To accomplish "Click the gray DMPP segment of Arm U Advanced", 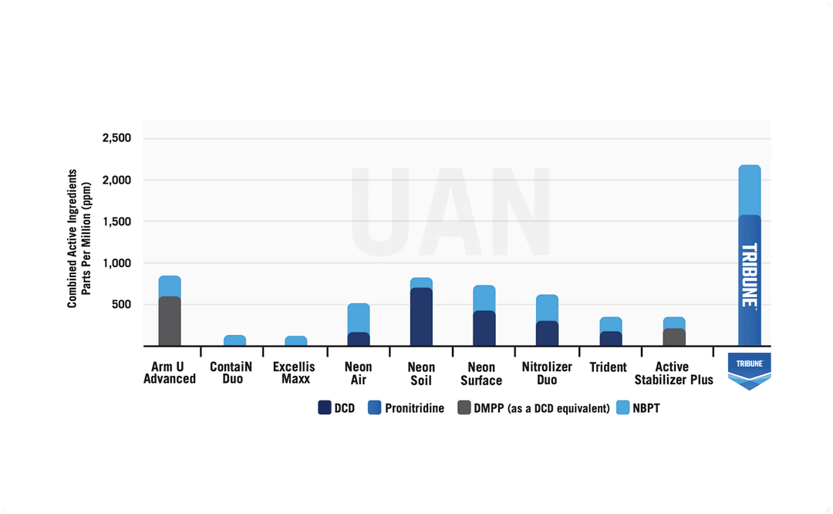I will pyautogui.click(x=170, y=321).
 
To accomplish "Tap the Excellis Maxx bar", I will pyautogui.click(x=296, y=341).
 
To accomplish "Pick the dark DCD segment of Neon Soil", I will pyautogui.click(x=421, y=316).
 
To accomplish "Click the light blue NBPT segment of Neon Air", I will pyautogui.click(x=359, y=318).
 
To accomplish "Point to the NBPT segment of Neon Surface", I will pyautogui.click(x=484, y=298).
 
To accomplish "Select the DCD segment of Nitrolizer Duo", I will pyautogui.click(x=547, y=333).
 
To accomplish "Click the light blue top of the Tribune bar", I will pyautogui.click(x=750, y=190).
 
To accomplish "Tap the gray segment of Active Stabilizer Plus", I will pyautogui.click(x=674, y=337).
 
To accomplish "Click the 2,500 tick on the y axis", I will pyautogui.click(x=117, y=139).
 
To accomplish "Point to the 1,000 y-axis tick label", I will pyautogui.click(x=117, y=263).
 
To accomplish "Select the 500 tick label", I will pyautogui.click(x=122, y=305).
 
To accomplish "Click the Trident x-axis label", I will pyautogui.click(x=609, y=367).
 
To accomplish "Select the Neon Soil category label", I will pyautogui.click(x=421, y=374).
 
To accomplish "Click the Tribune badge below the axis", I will pyautogui.click(x=749, y=370).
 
